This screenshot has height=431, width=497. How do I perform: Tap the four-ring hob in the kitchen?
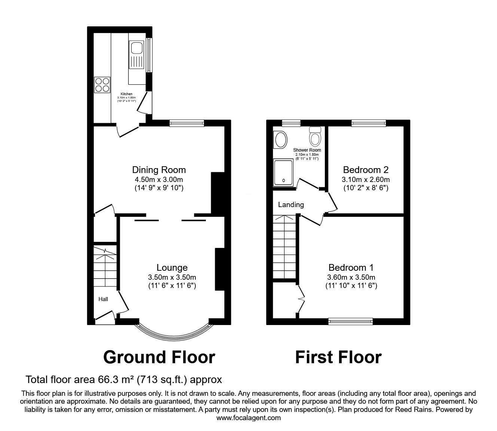[102, 85]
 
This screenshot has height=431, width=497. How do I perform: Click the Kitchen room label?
[126, 94]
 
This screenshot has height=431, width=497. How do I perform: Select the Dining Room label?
[159, 170]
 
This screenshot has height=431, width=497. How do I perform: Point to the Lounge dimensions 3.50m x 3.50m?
[172, 277]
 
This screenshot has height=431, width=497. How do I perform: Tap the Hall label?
[103, 299]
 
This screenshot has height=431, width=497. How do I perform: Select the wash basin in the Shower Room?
[280, 140]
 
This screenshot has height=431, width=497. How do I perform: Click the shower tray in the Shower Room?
[284, 172]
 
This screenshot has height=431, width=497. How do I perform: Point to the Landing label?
[291, 205]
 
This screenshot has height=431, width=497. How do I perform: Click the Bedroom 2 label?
[366, 170]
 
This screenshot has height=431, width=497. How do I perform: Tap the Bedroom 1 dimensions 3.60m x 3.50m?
[351, 277]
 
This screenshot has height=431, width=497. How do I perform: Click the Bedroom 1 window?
[351, 321]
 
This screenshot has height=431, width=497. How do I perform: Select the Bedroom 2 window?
[369, 123]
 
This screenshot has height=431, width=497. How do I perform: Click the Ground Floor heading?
[159, 357]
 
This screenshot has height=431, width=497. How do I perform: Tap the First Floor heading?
[338, 357]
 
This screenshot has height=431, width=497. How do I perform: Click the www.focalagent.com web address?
[248, 418]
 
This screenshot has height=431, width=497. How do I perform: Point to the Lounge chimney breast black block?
[219, 269]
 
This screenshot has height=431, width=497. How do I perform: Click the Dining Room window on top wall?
[186, 123]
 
